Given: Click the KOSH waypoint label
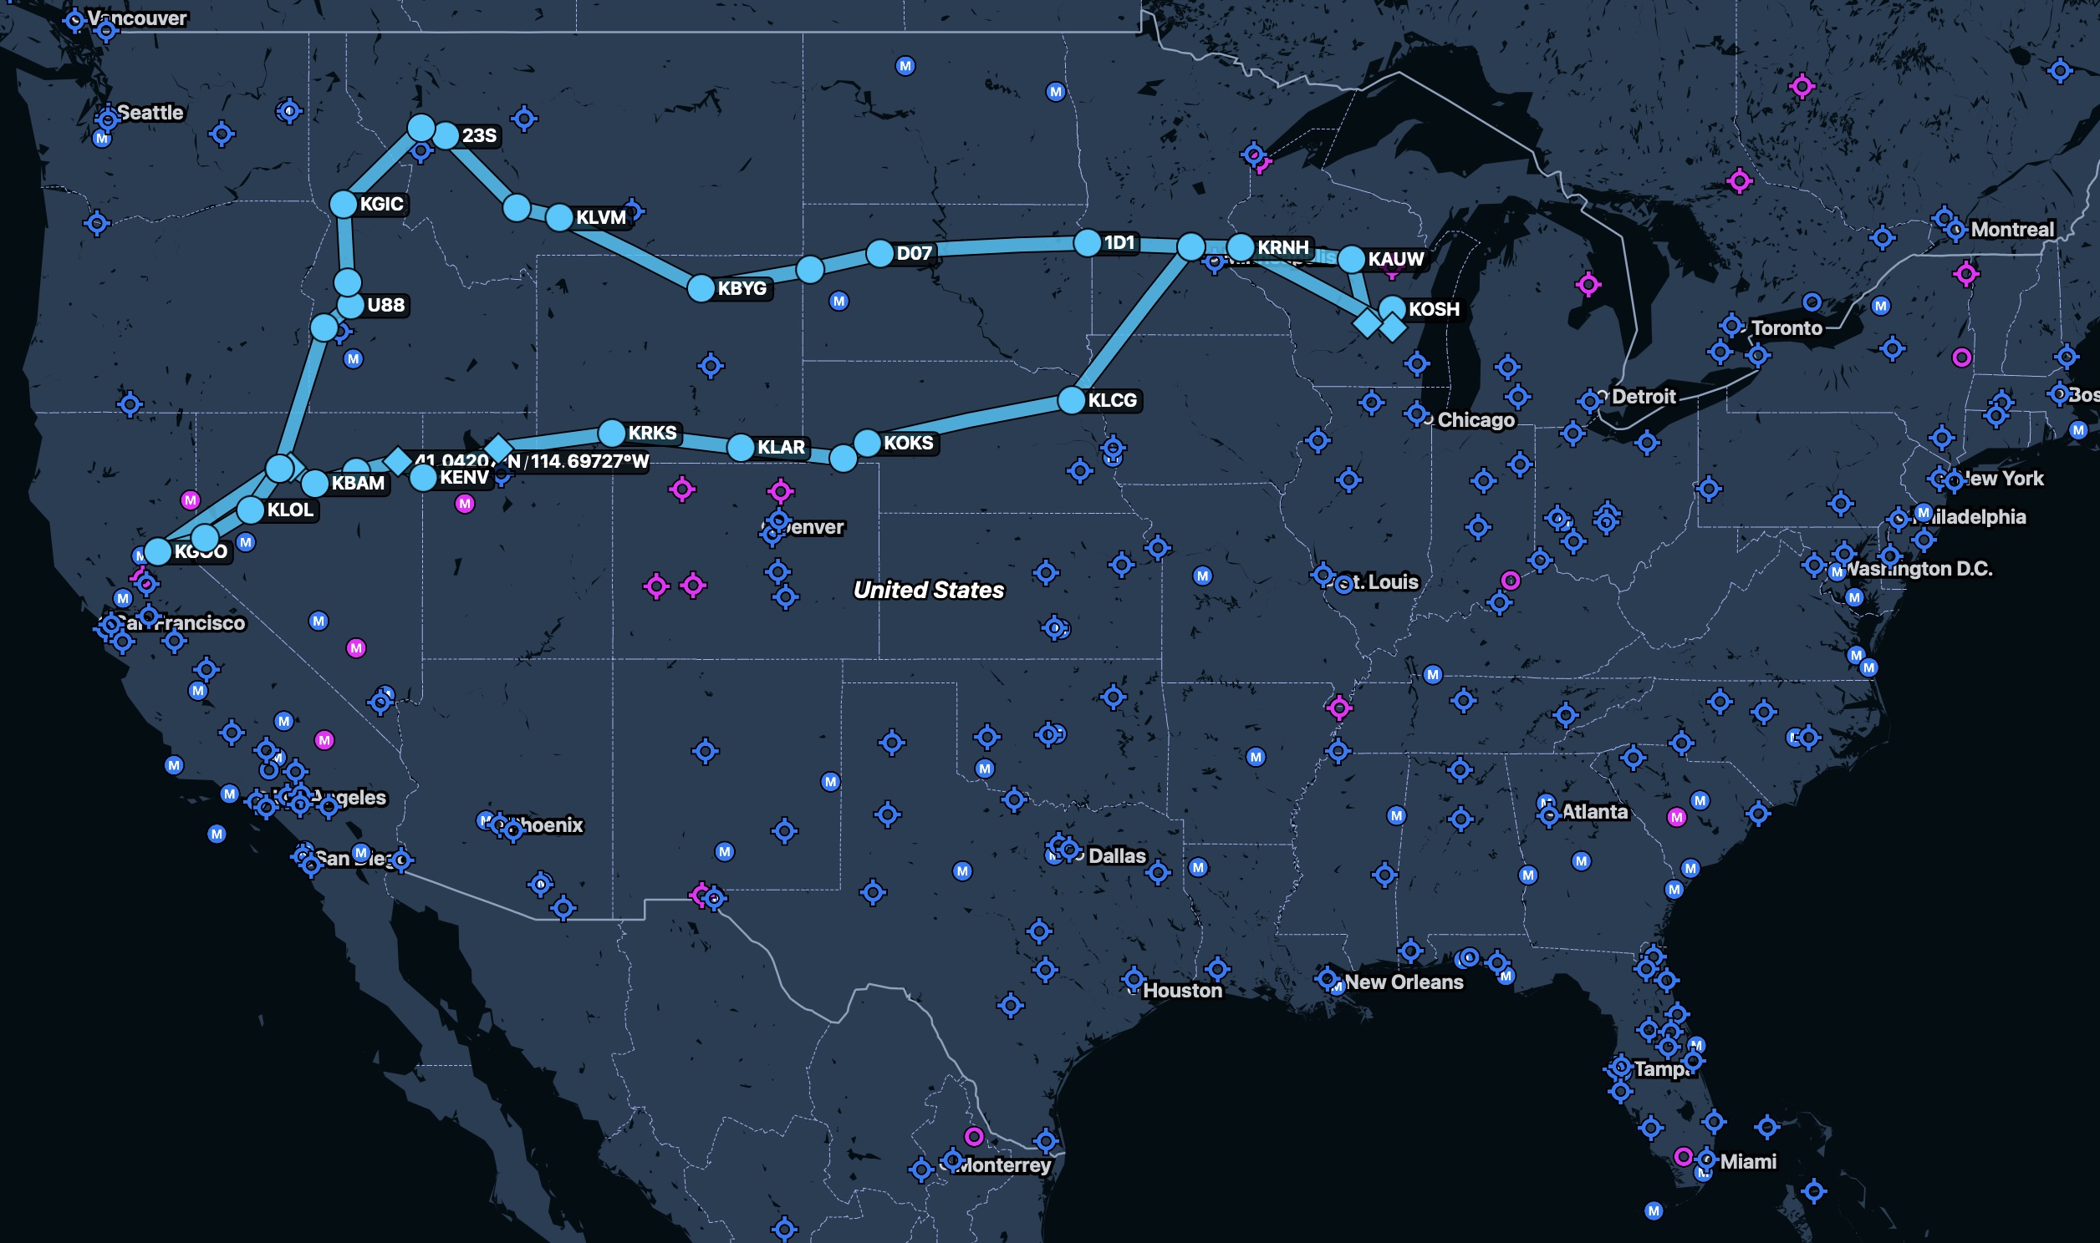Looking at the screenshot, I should (1433, 309).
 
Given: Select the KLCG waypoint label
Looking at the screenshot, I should (1112, 400).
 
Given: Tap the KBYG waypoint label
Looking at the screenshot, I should (742, 288).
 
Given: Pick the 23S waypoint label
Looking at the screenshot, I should (478, 135).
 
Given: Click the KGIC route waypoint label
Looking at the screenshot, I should (381, 204).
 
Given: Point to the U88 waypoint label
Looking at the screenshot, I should (385, 305).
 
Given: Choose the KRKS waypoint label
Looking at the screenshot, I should (652, 433).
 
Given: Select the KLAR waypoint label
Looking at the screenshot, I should (780, 447).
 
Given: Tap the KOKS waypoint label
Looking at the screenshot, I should (908, 442).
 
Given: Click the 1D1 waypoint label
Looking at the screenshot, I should (1119, 243).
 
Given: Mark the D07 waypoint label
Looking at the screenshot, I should (914, 253).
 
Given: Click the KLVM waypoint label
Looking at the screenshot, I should (601, 218).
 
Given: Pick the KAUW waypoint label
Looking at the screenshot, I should (1395, 259).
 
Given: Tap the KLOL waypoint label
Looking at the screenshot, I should (289, 510).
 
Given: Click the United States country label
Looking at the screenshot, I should (928, 590).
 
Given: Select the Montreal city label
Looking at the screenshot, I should (2011, 230).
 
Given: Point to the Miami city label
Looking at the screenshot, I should (1747, 1162).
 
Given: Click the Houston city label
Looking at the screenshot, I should (1181, 990).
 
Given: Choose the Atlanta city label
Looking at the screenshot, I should (1594, 812).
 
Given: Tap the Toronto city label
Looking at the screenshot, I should (1786, 328).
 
